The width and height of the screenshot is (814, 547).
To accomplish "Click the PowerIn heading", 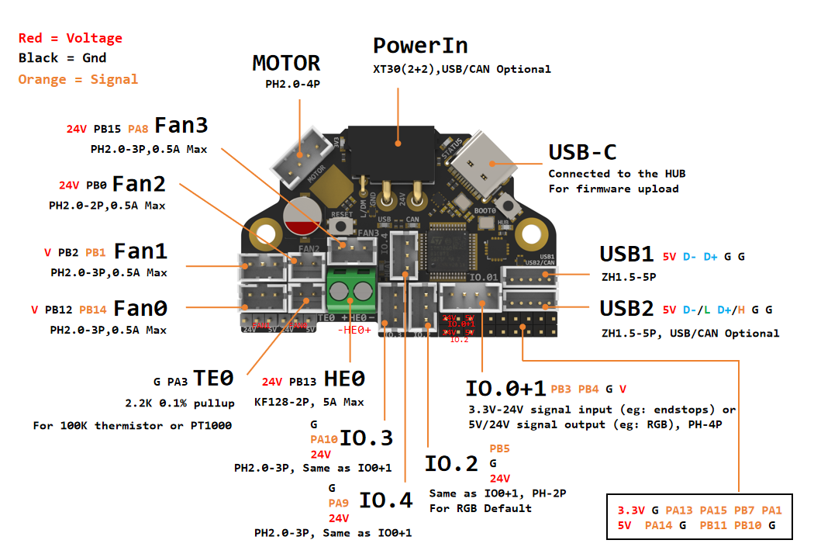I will [x=420, y=45].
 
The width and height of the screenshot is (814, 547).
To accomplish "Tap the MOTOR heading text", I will [x=286, y=63].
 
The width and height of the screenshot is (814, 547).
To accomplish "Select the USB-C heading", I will [x=582, y=151].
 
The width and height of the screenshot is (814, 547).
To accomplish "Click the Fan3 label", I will [x=181, y=126].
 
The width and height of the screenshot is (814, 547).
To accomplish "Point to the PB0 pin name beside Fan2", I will [x=96, y=185].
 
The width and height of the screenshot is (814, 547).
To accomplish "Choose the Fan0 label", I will [x=140, y=309].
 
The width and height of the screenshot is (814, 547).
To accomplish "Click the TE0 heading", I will [x=213, y=379].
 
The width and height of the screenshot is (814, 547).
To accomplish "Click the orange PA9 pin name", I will [x=339, y=503].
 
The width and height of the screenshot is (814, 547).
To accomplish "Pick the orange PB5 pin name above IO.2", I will [x=499, y=448].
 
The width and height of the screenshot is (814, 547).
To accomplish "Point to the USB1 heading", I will [x=626, y=254].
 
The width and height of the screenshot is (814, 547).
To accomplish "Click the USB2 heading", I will [x=626, y=309].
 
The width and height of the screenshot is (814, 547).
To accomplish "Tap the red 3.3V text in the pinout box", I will [x=631, y=510].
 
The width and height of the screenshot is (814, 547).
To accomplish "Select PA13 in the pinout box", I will [x=679, y=510].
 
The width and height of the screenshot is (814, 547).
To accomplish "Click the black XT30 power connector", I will [x=396, y=152].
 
